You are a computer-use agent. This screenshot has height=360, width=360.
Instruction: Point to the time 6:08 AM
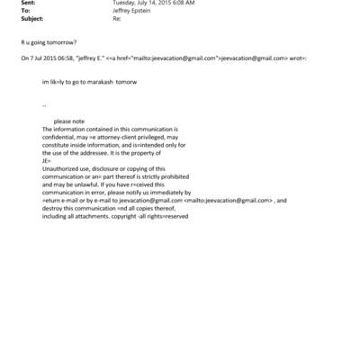184,3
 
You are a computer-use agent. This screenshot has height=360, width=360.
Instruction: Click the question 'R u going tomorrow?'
48,42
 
